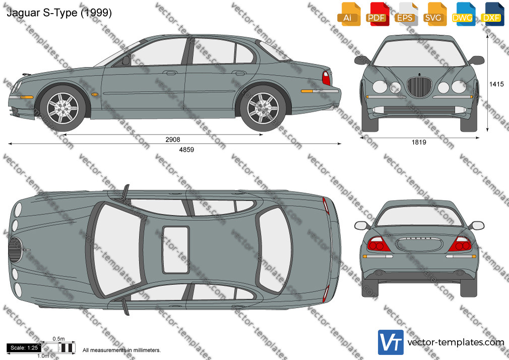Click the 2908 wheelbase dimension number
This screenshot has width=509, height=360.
173,139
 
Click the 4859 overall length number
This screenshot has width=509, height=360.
186,149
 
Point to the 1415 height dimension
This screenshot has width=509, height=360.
497,84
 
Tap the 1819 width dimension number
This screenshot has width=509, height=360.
419,142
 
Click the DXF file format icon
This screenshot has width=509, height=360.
491,14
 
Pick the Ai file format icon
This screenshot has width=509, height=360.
348,14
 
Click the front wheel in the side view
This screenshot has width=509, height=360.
62,108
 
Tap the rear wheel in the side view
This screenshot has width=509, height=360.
263,108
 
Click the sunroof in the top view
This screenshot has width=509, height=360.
175,250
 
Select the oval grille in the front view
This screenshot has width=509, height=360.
419,86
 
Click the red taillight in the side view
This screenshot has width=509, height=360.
326,78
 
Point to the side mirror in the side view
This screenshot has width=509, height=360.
125,60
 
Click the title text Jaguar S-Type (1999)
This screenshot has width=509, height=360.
59,13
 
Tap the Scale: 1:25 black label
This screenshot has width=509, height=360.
24,348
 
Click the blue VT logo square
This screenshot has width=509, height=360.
391,342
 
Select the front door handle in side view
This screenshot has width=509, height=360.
171,73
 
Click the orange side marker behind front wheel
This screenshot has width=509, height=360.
95,94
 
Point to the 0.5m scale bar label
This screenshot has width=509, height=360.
58,339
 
